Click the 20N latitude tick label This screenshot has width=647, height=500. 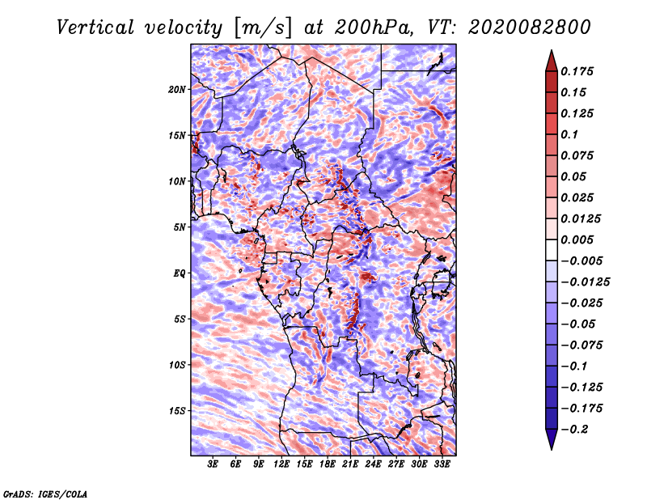(x=177, y=89)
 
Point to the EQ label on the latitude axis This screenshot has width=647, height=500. (x=179, y=273)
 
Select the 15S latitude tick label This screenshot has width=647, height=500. (x=177, y=411)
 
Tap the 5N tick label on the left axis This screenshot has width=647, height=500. (x=179, y=227)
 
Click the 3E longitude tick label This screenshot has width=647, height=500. (x=214, y=464)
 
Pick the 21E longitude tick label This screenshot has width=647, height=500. (x=350, y=464)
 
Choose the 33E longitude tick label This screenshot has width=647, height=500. (x=442, y=464)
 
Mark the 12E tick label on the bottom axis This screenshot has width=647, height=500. (x=281, y=464)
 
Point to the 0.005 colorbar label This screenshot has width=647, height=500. (x=579, y=240)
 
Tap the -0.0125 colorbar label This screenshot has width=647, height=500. (x=587, y=282)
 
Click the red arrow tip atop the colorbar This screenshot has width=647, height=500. (x=550, y=57)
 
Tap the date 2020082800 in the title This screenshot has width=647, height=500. (x=522, y=27)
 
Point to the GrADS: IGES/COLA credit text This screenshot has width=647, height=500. (x=45, y=493)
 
